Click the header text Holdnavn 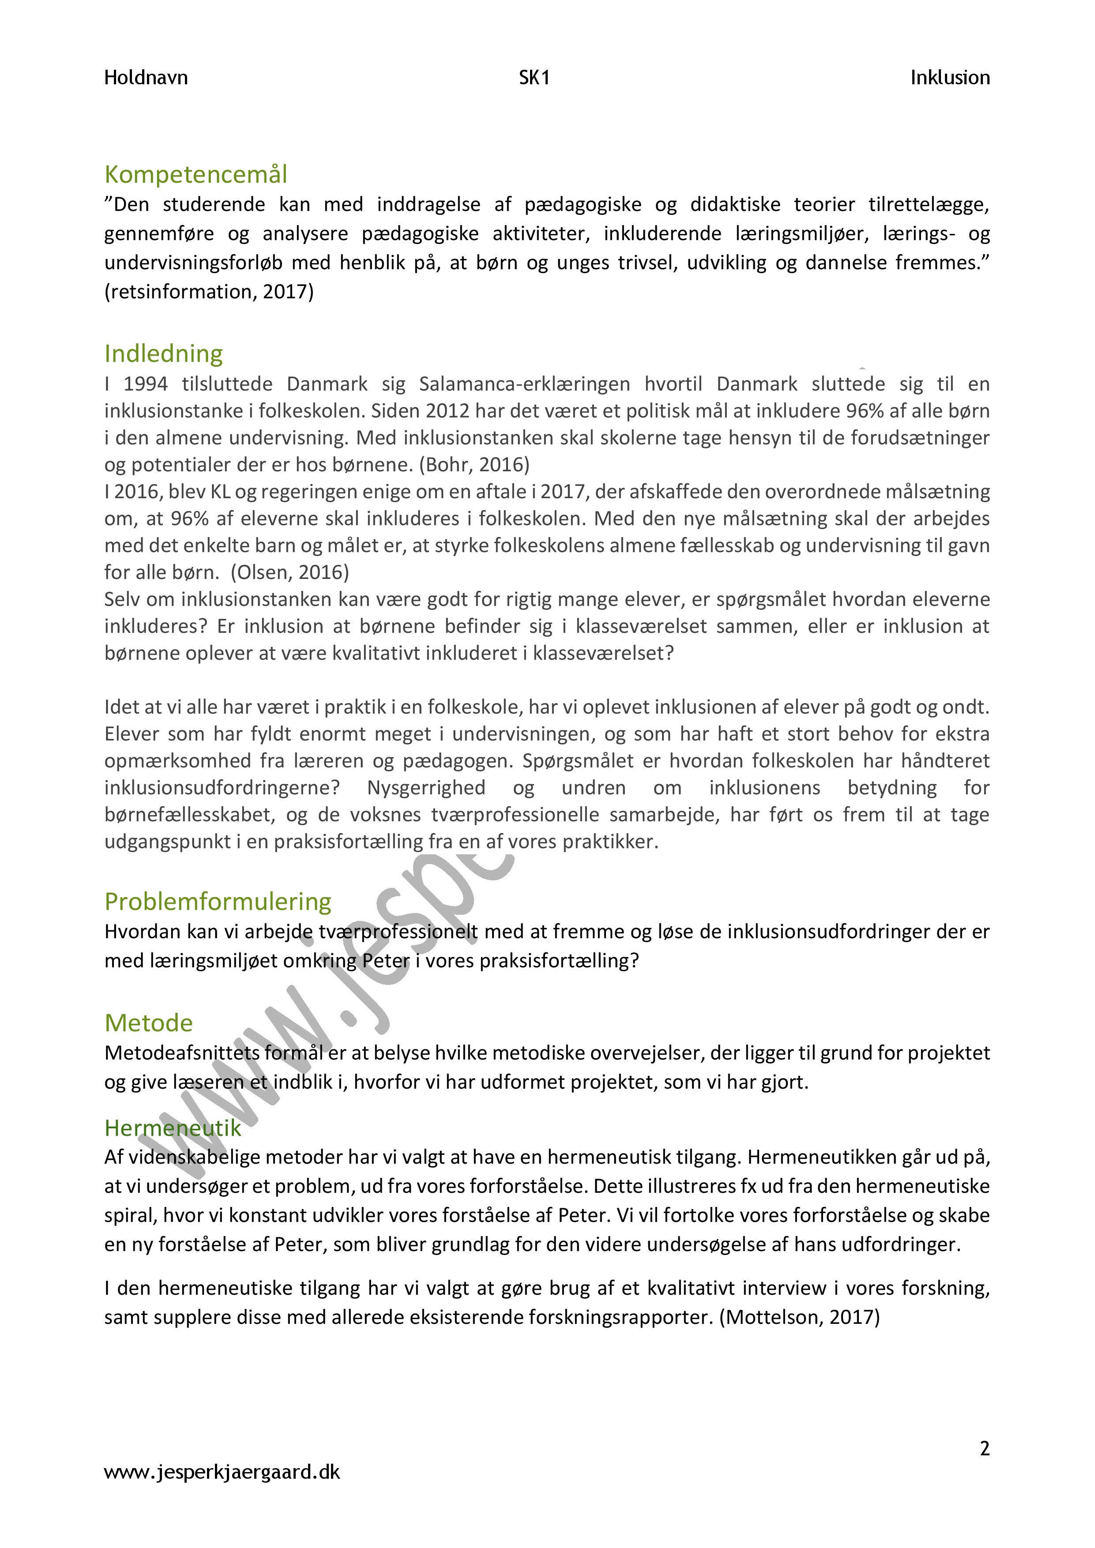click(x=146, y=78)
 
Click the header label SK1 click(x=534, y=78)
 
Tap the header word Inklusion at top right click(x=949, y=78)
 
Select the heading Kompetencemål click(x=196, y=175)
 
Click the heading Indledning click(x=163, y=354)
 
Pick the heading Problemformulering click(x=218, y=902)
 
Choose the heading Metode click(x=148, y=1023)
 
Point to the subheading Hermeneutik click(x=173, y=1128)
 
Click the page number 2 click(x=984, y=1448)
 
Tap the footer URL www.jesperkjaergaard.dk click(x=222, y=1472)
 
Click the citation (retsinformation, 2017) click(x=209, y=292)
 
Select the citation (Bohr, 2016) click(x=475, y=465)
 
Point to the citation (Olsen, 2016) click(x=290, y=572)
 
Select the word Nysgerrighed click(x=426, y=788)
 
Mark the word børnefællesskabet click(x=188, y=815)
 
